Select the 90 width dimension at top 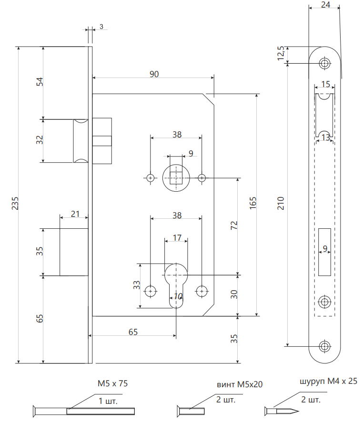154,74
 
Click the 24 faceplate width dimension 325,5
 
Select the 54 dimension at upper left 40,82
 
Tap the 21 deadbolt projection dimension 75,214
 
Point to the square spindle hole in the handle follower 176,177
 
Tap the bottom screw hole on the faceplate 325,346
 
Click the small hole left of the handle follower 151,178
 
